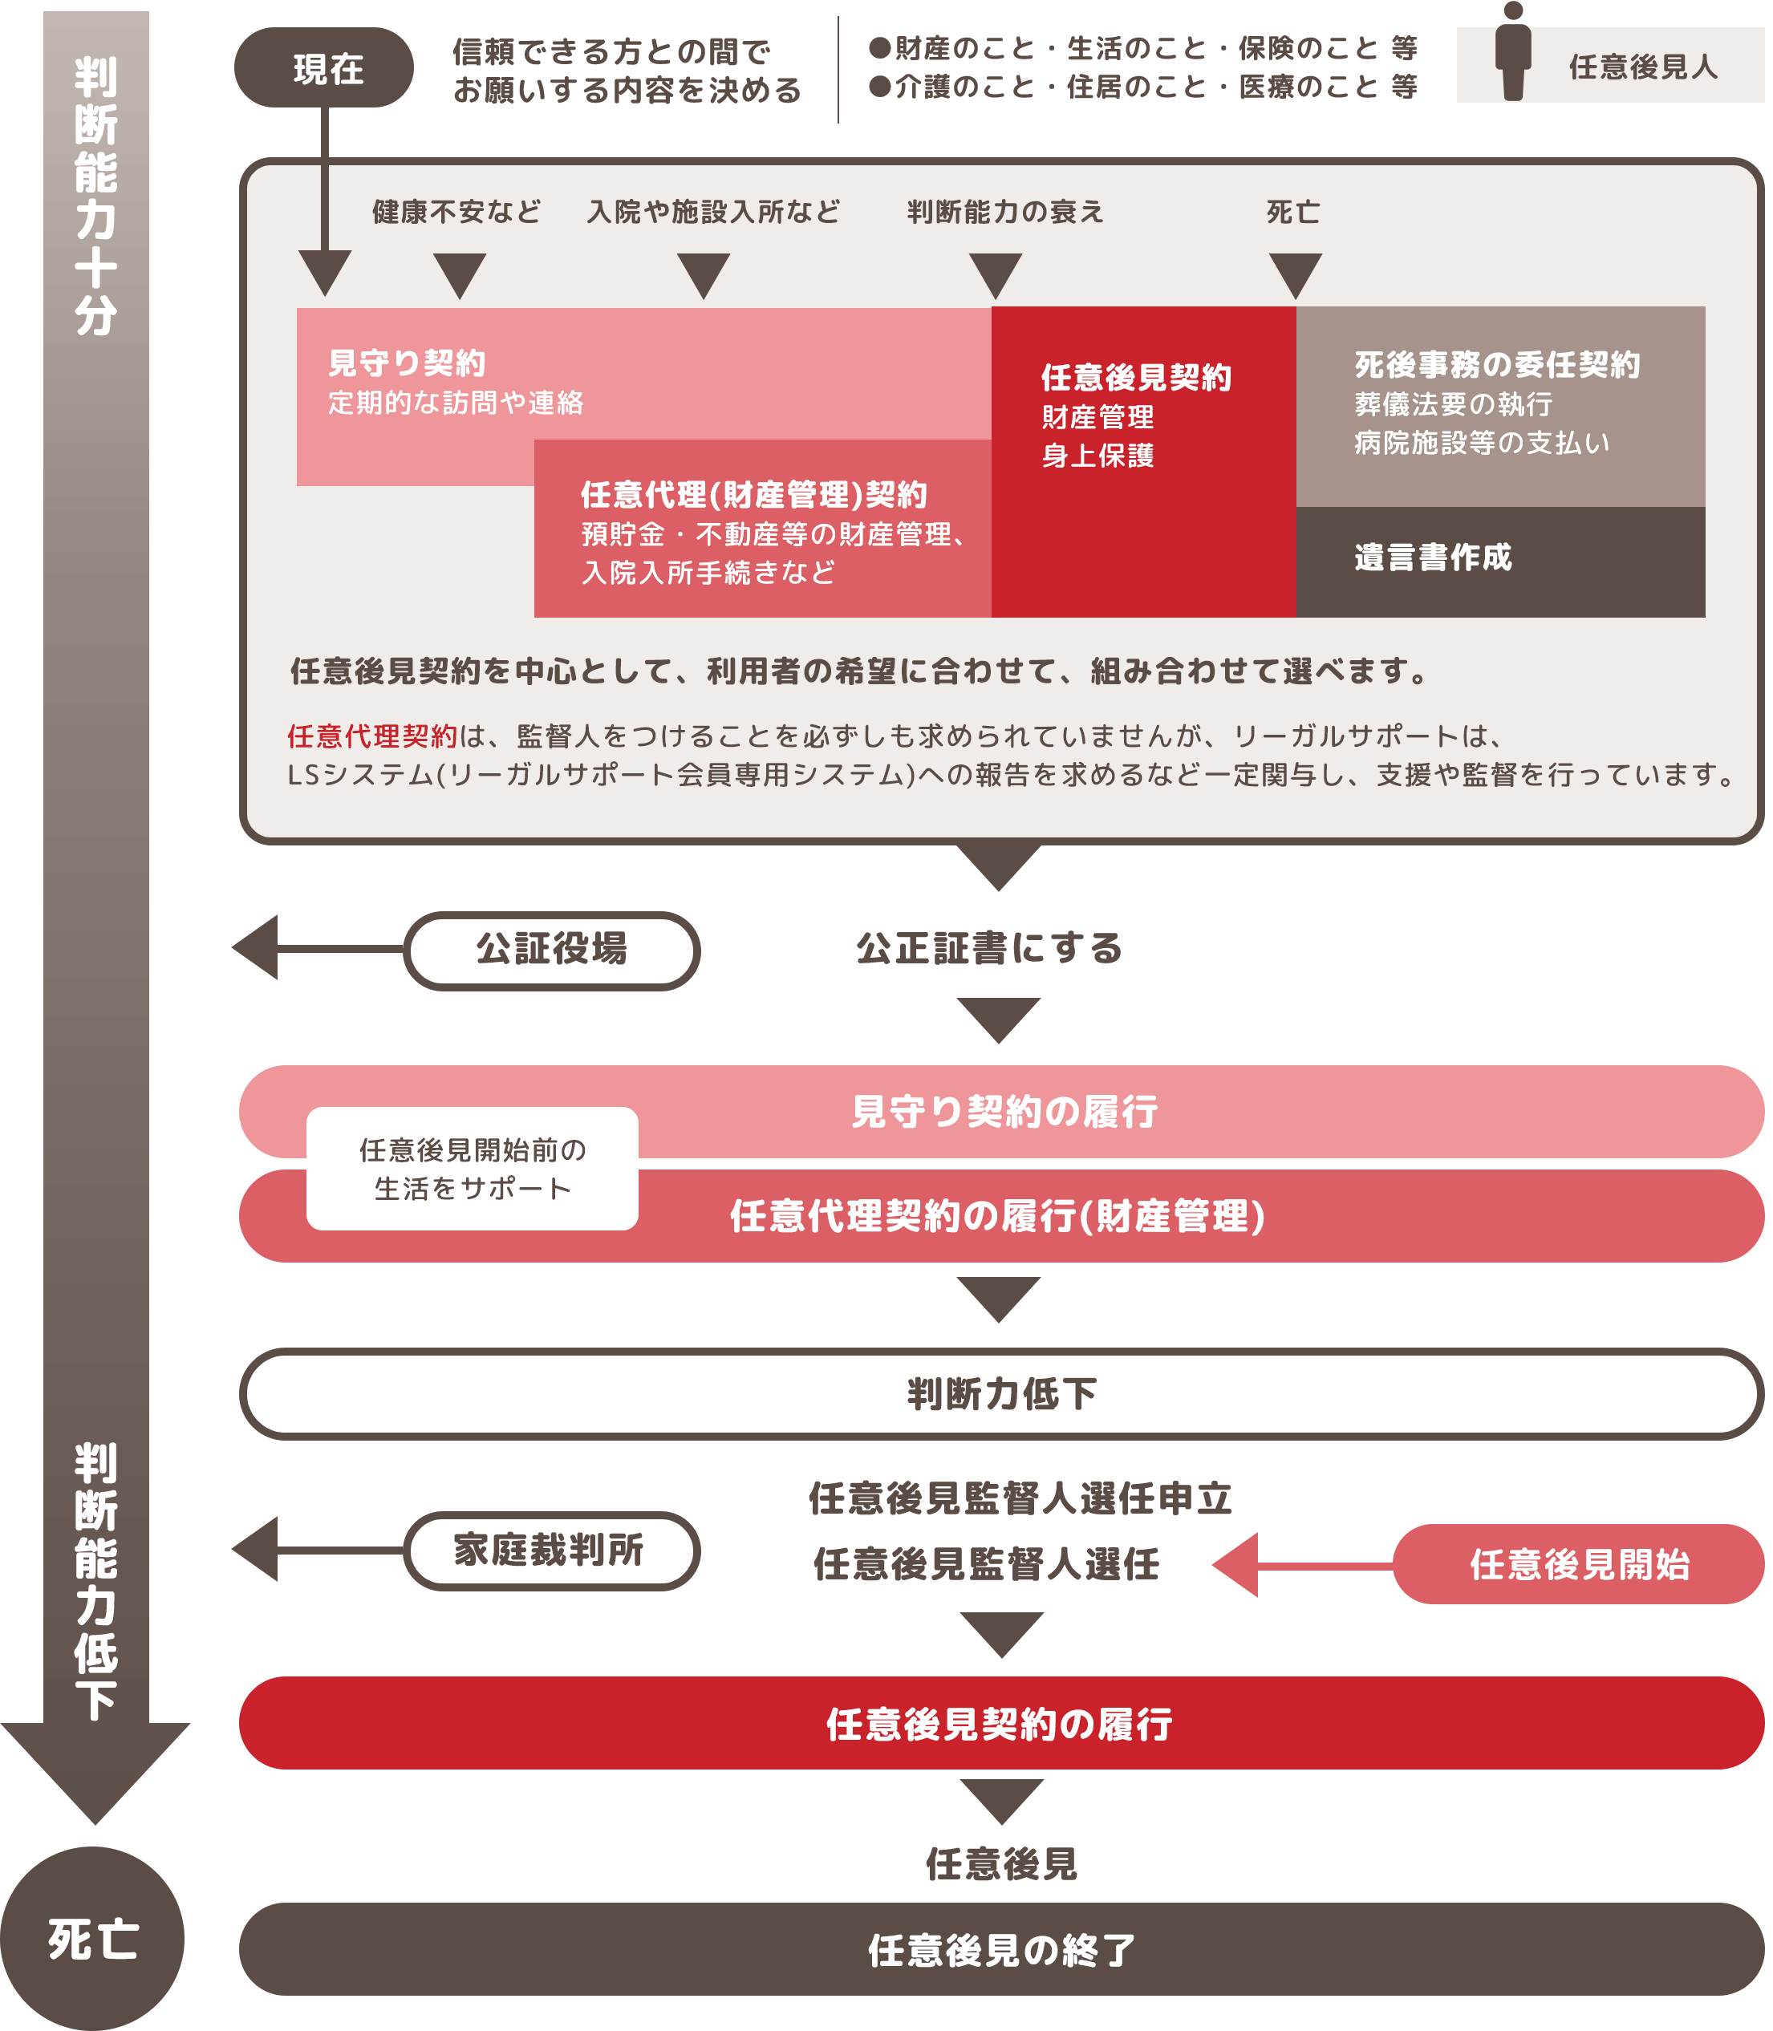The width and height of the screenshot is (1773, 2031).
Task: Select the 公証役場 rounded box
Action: pyautogui.click(x=551, y=950)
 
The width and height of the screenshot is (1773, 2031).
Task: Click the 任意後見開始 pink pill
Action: pyautogui.click(x=1578, y=1564)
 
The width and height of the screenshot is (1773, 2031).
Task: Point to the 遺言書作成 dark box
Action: pyautogui.click(x=1500, y=561)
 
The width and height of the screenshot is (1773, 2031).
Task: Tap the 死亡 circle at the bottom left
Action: pyautogui.click(x=92, y=1939)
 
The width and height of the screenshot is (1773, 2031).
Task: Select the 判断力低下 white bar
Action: pyautogui.click(x=1001, y=1393)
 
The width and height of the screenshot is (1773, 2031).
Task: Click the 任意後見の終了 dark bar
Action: pyautogui.click(x=1001, y=1950)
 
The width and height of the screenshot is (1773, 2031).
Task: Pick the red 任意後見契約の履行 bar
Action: pyautogui.click(x=1001, y=1723)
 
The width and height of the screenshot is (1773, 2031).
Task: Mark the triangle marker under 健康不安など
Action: pyautogui.click(x=460, y=274)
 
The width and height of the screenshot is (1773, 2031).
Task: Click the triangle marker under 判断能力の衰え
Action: pyautogui.click(x=996, y=274)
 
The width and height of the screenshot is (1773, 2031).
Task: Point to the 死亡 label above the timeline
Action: pyautogui.click(x=1293, y=212)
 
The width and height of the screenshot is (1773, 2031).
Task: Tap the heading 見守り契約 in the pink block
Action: pyautogui.click(x=407, y=363)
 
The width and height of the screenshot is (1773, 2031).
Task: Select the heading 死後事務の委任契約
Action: pyautogui.click(x=1497, y=365)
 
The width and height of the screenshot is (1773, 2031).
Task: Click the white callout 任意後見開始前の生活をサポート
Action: pyautogui.click(x=472, y=1169)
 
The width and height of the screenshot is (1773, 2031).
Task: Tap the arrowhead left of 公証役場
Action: pyautogui.click(x=255, y=948)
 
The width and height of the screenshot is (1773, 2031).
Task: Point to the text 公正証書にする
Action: pyautogui.click(x=989, y=948)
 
